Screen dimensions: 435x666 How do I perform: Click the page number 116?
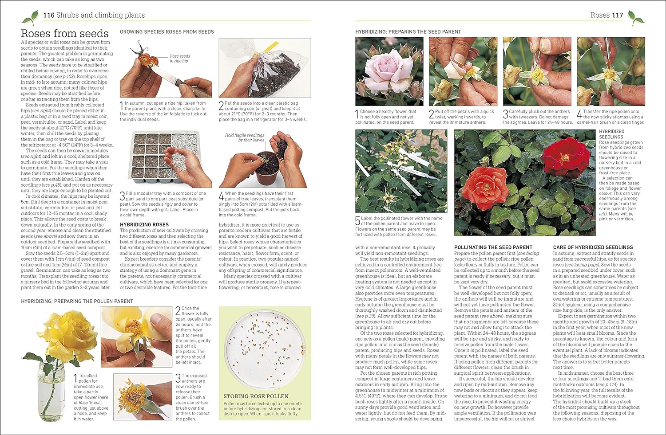click(x=48, y=15)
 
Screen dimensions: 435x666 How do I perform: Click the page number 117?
click(x=617, y=15)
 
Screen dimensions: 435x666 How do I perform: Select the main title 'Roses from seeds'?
click(x=65, y=33)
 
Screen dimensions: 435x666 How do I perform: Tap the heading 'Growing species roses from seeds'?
click(x=166, y=32)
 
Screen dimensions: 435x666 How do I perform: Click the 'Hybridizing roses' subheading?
click(x=144, y=225)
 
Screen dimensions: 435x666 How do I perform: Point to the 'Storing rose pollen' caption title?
click(x=256, y=396)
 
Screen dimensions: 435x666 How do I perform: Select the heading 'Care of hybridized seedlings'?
click(x=593, y=247)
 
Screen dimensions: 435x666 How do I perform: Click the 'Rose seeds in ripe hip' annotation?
click(x=179, y=59)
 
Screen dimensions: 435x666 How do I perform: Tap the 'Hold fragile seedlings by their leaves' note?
click(x=244, y=137)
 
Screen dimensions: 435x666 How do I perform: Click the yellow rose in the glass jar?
click(x=55, y=335)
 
